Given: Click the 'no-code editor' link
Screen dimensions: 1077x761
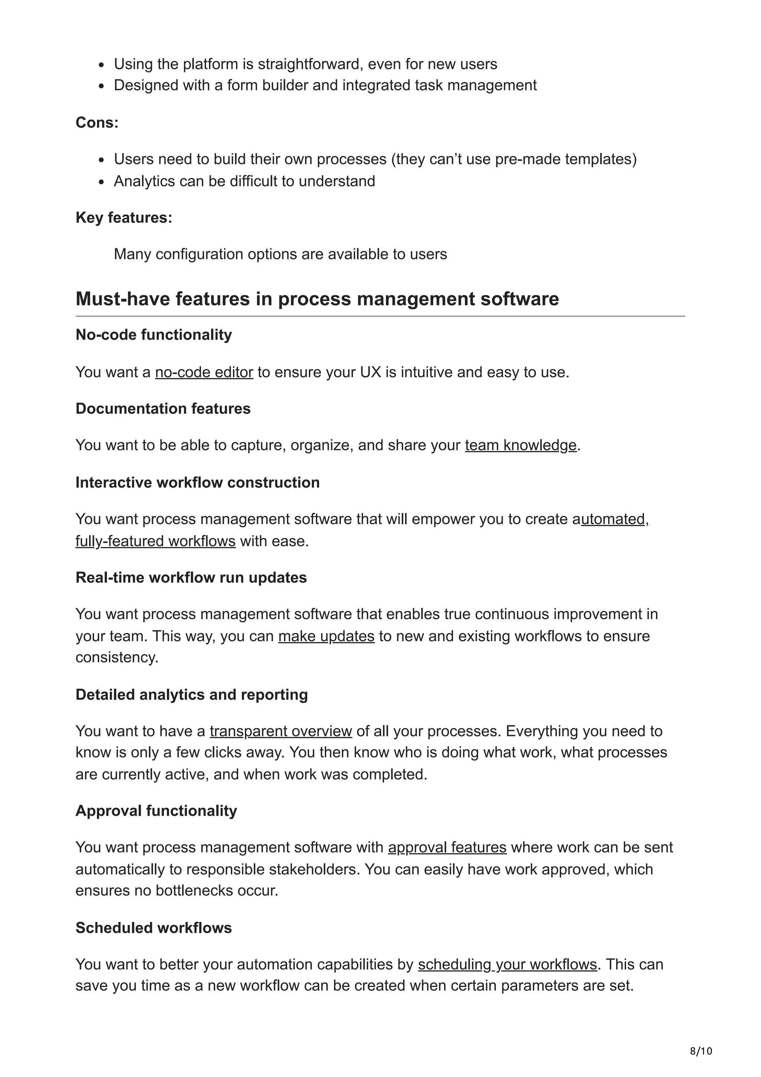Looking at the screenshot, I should pyautogui.click(x=204, y=372).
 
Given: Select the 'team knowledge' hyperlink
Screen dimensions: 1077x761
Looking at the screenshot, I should pyautogui.click(x=521, y=445).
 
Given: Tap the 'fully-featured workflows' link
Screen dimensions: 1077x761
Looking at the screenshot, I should pyautogui.click(x=155, y=541).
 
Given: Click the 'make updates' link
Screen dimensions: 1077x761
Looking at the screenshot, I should pyautogui.click(x=326, y=637).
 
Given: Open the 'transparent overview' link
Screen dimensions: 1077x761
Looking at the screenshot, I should pyautogui.click(x=281, y=731).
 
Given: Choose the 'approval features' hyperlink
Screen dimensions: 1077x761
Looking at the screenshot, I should pyautogui.click(x=447, y=848).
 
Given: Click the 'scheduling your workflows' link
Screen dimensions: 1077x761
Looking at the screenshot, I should pyautogui.click(x=507, y=964).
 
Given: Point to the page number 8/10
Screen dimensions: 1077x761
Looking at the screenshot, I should pyautogui.click(x=700, y=1051).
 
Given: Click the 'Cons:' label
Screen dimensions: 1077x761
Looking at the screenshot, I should pyautogui.click(x=97, y=123).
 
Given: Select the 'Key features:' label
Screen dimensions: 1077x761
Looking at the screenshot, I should pyautogui.click(x=124, y=218).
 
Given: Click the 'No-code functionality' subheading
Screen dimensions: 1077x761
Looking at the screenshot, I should pyautogui.click(x=153, y=335).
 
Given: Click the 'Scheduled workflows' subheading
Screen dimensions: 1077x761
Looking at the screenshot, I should pyautogui.click(x=153, y=928).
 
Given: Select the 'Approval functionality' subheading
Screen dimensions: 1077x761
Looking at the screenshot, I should pyautogui.click(x=156, y=811).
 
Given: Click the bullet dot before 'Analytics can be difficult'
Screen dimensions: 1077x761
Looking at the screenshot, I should pyautogui.click(x=101, y=182).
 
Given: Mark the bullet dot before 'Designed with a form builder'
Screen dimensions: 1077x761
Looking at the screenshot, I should pyautogui.click(x=101, y=86).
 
